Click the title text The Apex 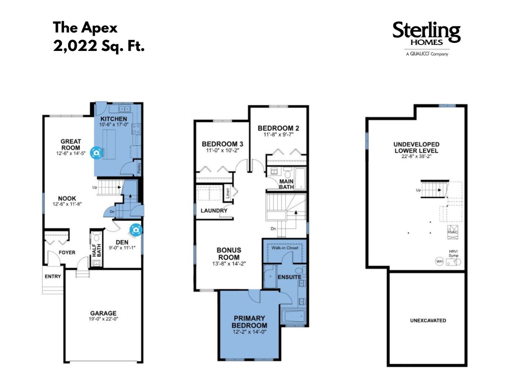pos(85,27)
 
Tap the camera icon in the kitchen pos(96,153)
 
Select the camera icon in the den pos(136,230)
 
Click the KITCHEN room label pos(114,119)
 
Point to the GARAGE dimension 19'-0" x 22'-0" pos(103,319)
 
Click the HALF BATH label pos(97,250)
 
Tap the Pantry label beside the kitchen pos(139,168)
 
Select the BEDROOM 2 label pos(278,128)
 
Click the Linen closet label pos(228,193)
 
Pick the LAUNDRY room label pos(214,210)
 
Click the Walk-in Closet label pos(285,248)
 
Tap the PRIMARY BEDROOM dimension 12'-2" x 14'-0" pos(249,332)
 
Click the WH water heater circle pos(439,261)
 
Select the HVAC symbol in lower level pos(453,232)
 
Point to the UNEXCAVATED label pos(428,320)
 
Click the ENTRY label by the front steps pos(52,276)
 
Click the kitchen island pos(109,144)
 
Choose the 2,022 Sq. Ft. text pos(99,46)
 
